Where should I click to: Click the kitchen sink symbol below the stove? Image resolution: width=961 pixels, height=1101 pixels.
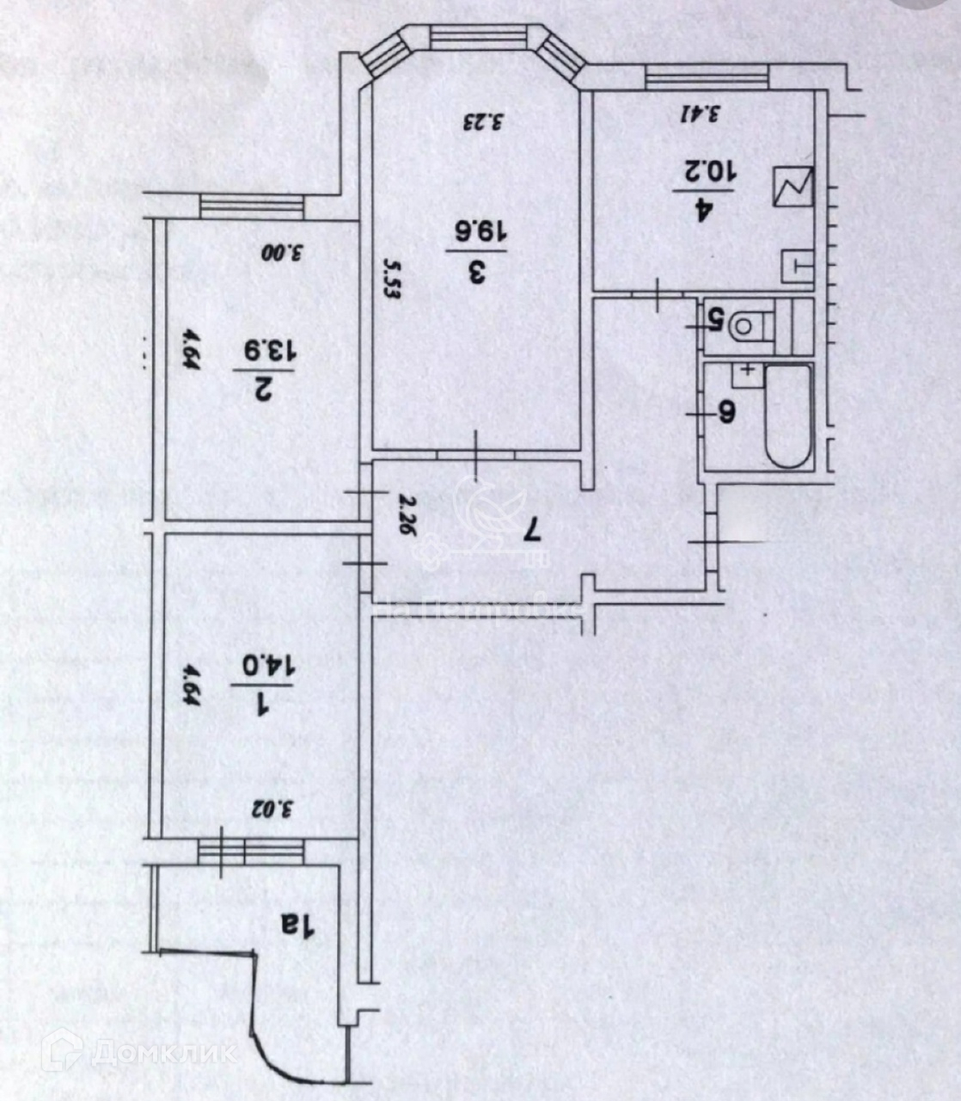point(797,266)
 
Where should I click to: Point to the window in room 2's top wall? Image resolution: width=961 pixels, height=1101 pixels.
point(252,207)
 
